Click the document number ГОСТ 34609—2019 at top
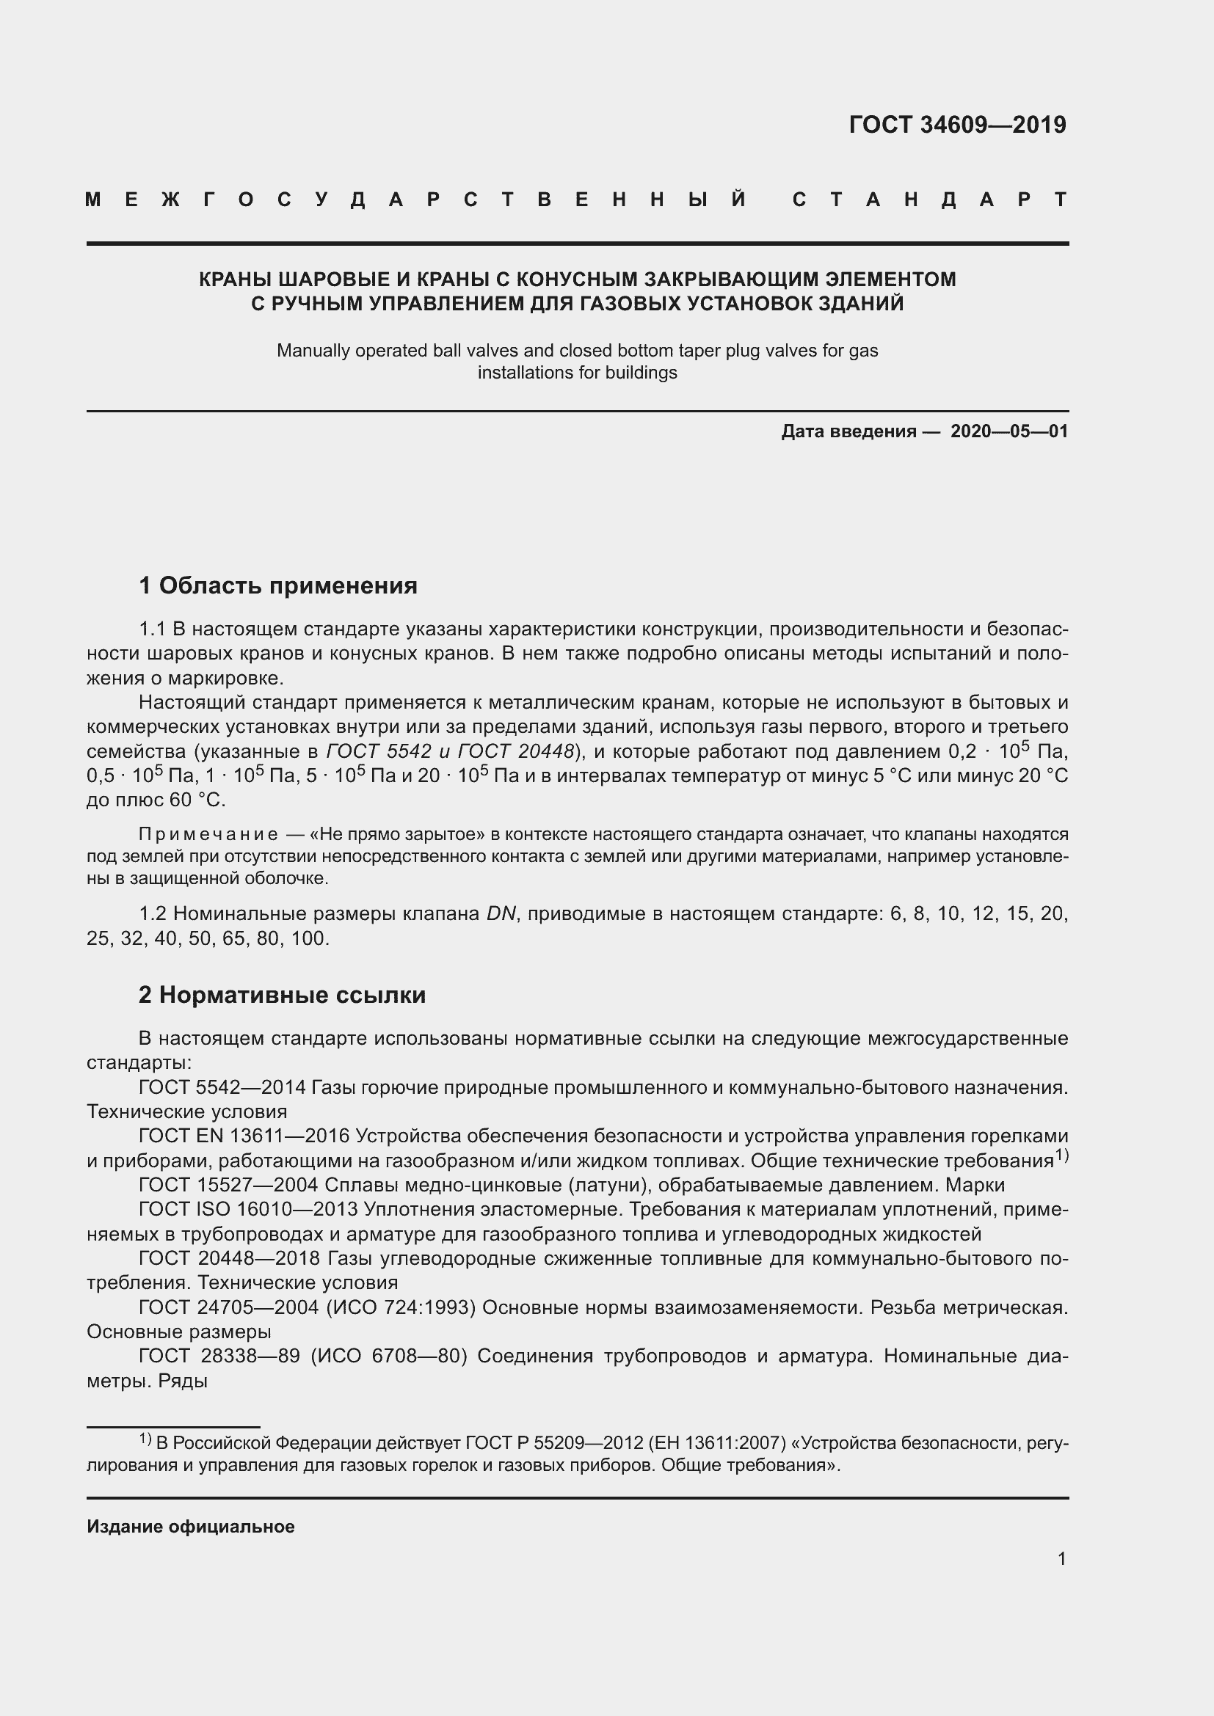[958, 125]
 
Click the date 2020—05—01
[1009, 431]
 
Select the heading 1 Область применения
[278, 585]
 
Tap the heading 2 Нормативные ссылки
[282, 995]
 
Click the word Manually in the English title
[309, 350]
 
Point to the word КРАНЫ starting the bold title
[233, 280]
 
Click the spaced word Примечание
[208, 834]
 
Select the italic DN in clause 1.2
[501, 913]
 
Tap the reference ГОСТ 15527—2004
[228, 1185]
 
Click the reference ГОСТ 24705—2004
[228, 1307]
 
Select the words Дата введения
[848, 431]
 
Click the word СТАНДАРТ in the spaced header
[930, 200]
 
